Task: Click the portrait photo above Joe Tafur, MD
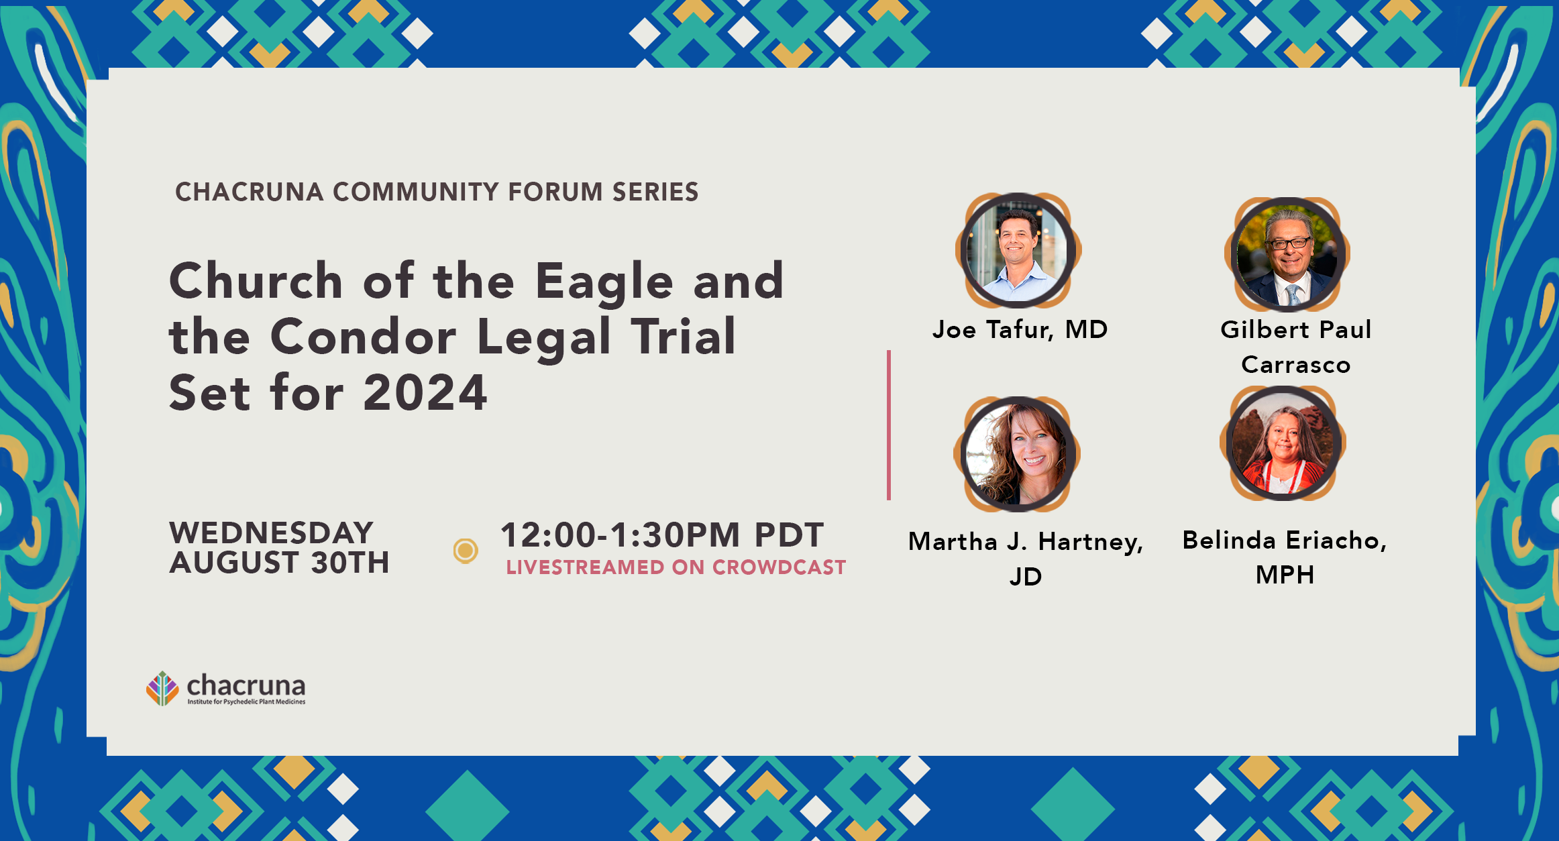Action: pos(1018,250)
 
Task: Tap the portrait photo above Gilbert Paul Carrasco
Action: pos(1287,254)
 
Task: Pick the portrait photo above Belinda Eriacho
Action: pos(1283,443)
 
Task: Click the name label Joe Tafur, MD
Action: pos(1020,329)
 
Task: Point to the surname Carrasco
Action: pos(1295,364)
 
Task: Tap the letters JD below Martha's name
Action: pos(1026,576)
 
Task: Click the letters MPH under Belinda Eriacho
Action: pos(1285,575)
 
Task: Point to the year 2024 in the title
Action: pos(425,392)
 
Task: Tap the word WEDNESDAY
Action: pos(271,533)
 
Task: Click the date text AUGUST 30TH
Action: pos(279,562)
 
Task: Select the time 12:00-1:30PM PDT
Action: pos(662,535)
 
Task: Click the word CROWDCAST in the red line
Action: pos(779,567)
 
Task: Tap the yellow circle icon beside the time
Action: pos(466,551)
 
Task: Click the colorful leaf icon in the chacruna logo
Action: pos(162,688)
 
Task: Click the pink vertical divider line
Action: pos(889,425)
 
